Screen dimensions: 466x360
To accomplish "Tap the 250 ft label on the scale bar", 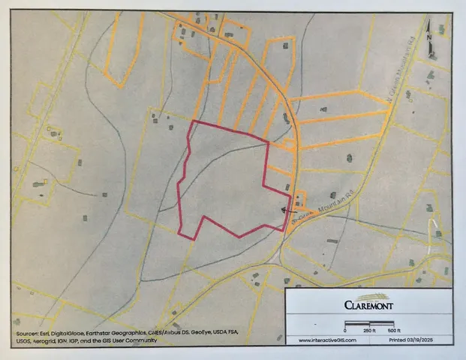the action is (x=368, y=330).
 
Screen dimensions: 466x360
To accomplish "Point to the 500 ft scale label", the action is (x=394, y=330).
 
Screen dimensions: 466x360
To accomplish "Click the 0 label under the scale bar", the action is (x=345, y=330).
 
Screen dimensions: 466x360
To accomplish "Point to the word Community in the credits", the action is (x=141, y=341).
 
